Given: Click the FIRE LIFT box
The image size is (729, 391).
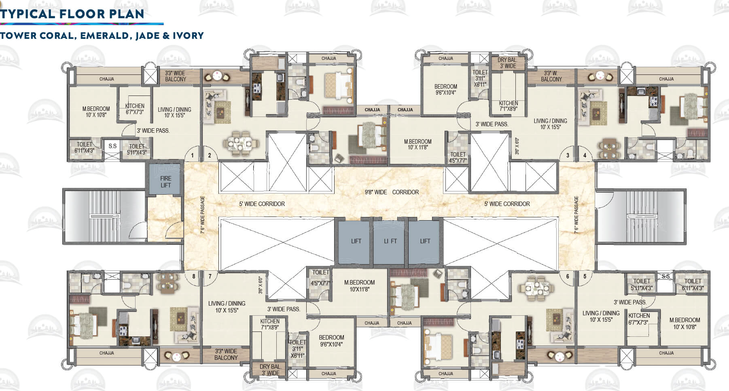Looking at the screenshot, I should (165, 182).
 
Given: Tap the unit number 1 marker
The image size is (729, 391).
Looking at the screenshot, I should (192, 155).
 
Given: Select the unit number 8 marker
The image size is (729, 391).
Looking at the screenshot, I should (194, 276).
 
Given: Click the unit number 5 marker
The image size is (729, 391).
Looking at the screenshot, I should (585, 276).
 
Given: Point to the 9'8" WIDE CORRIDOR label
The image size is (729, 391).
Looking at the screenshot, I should (392, 192).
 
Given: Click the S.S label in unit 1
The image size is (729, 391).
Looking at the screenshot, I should (112, 146).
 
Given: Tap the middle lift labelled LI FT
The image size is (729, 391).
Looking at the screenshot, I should (390, 241).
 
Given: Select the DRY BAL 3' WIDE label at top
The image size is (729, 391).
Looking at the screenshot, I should (507, 63).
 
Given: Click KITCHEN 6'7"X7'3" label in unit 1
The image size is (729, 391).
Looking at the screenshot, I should (135, 109).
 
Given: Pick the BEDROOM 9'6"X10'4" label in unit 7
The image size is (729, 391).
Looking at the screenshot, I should (331, 341).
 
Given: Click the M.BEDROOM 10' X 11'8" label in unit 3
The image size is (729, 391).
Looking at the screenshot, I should (417, 144).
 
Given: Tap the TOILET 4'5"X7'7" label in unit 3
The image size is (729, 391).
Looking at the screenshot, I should (458, 157).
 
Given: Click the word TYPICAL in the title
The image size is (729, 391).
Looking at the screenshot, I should (28, 14).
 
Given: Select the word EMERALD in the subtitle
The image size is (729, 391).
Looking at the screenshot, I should (105, 36).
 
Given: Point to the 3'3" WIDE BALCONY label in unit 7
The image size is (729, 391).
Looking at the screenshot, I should (226, 355).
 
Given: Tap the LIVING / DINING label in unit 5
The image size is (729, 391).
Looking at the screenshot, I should (601, 316).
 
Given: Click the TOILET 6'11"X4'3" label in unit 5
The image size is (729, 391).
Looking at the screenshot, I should (693, 285).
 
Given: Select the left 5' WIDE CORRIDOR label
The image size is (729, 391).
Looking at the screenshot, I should (262, 204).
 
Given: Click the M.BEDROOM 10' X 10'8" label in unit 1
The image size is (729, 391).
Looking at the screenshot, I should (96, 112).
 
